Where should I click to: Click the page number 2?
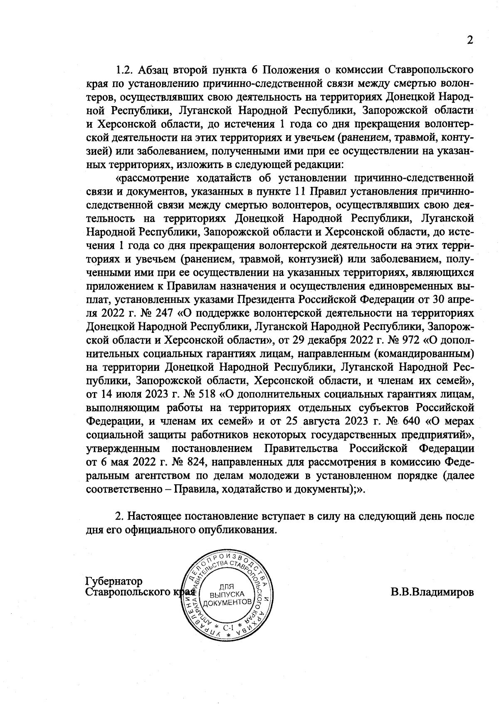[x=470, y=40]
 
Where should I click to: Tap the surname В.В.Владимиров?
[x=432, y=592]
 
